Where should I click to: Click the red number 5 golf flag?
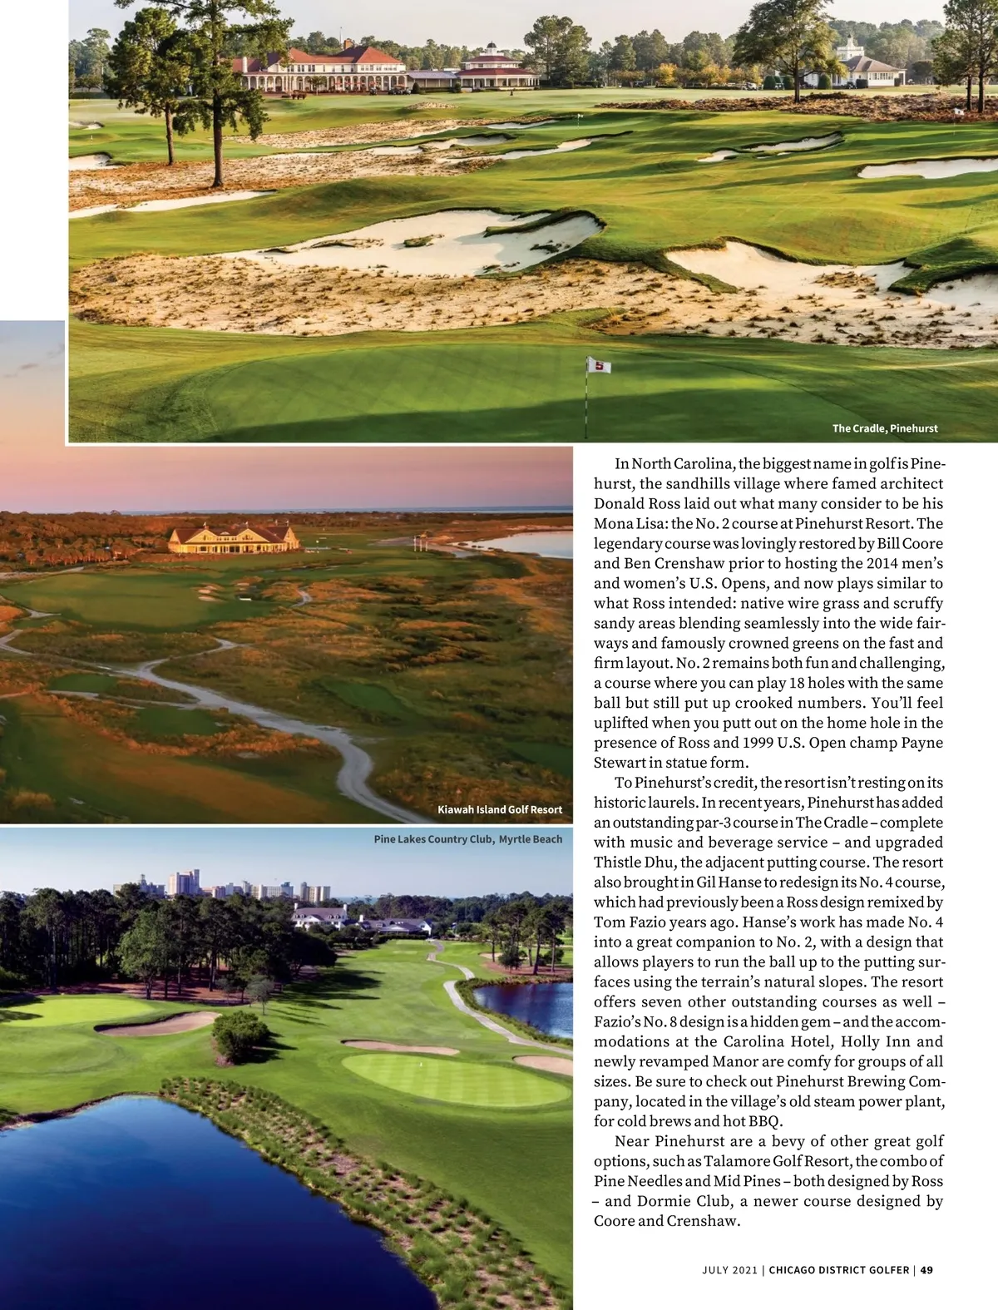point(599,366)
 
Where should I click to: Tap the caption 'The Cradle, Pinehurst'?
point(885,428)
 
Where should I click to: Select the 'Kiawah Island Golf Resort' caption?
point(500,809)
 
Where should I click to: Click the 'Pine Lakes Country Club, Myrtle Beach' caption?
point(468,839)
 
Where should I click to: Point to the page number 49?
point(926,1270)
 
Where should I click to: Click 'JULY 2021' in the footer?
point(729,1270)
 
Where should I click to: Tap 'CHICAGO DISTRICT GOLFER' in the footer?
point(838,1270)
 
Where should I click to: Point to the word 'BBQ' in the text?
point(763,1121)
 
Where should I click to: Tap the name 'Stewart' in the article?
point(620,763)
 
